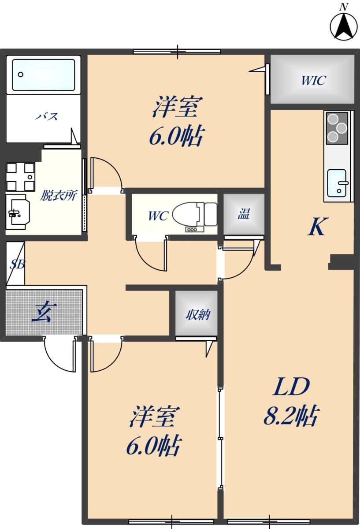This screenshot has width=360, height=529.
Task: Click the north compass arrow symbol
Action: [x=343, y=26]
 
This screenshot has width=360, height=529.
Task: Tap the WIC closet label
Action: [x=314, y=80]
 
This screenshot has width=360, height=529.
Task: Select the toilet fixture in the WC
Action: [x=195, y=214]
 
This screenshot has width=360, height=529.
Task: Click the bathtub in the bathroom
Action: [x=44, y=75]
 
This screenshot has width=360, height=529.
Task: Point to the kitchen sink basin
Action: [x=337, y=183]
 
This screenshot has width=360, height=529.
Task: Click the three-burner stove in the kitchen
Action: [x=337, y=128]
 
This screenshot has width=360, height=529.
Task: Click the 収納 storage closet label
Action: [x=198, y=315]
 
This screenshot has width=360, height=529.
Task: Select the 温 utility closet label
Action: [x=243, y=213]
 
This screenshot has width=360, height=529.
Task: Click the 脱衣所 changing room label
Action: [x=58, y=195]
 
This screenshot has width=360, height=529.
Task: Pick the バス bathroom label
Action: [x=47, y=116]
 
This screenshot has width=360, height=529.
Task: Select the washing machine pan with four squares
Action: [x=20, y=176]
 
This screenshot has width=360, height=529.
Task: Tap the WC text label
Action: [x=158, y=216]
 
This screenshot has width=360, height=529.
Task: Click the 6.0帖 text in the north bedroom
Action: [x=176, y=137]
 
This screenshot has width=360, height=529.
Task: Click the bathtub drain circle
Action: [x=21, y=75]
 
